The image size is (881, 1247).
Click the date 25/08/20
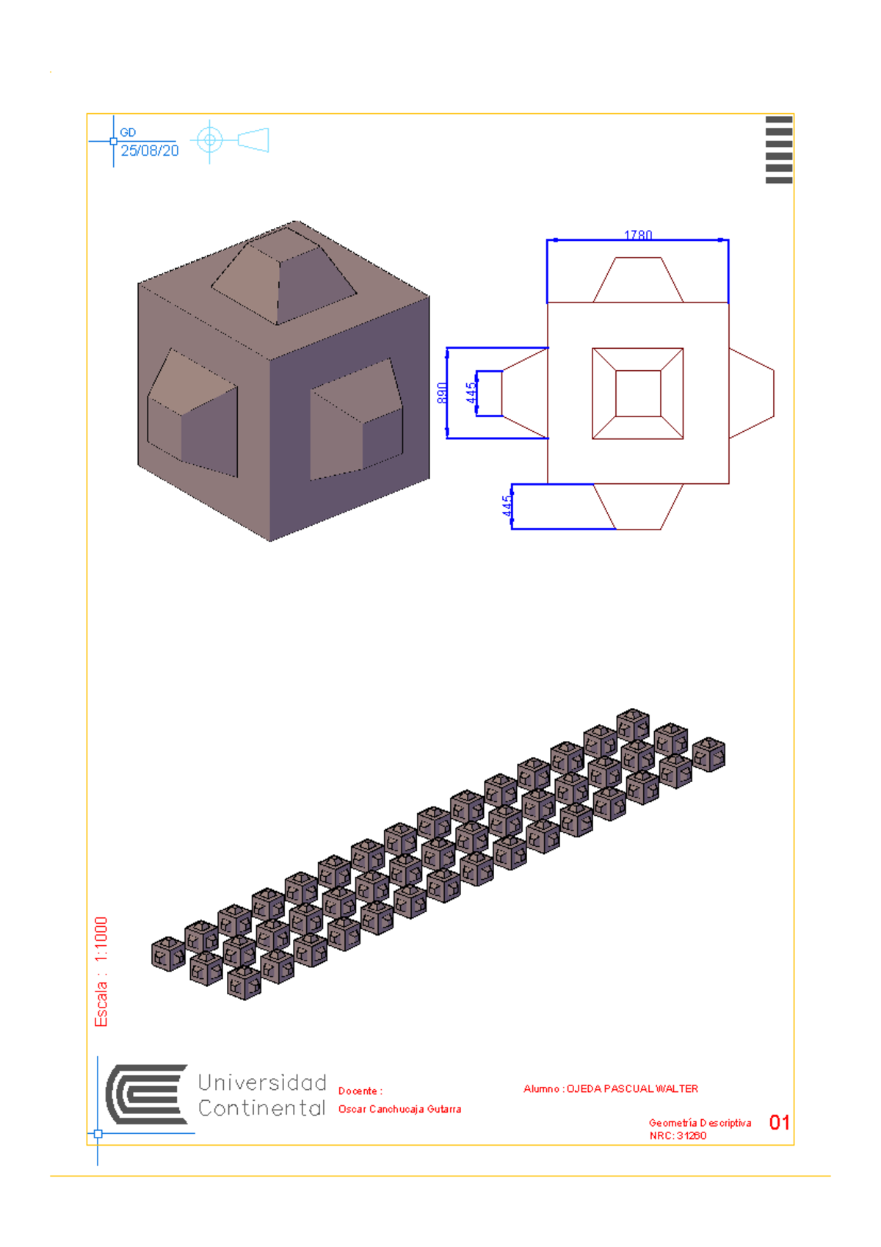[x=150, y=151]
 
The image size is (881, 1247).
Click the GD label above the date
[x=128, y=132]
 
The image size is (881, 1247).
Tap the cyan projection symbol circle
[x=210, y=140]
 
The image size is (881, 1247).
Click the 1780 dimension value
[x=638, y=235]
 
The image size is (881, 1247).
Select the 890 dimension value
[x=442, y=393]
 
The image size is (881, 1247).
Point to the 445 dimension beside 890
[x=471, y=393]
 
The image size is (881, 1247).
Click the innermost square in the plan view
[x=638, y=394]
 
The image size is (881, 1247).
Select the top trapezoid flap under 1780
[x=638, y=280]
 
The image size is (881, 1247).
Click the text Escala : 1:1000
[x=101, y=971]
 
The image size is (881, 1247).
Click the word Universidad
[x=262, y=1082]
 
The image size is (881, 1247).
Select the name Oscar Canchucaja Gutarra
[x=399, y=1109]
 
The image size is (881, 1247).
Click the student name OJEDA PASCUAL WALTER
[x=632, y=1088]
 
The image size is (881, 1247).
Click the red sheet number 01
[x=779, y=1122]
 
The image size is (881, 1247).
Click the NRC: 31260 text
[x=678, y=1135]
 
